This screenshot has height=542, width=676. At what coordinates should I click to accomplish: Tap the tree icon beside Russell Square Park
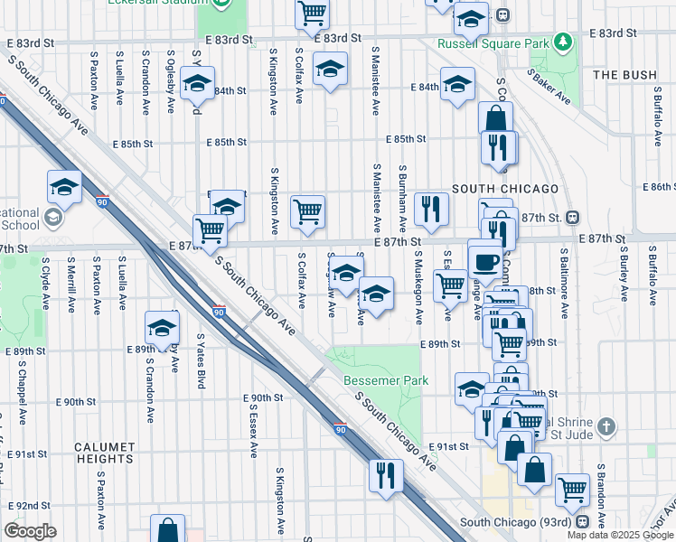point(563,42)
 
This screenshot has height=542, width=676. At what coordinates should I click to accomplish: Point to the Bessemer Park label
point(386,380)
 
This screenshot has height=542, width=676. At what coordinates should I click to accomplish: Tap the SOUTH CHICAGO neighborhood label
point(505,188)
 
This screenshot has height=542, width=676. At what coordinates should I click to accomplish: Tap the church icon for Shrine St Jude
point(606,425)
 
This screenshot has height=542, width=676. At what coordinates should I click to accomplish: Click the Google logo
point(31,531)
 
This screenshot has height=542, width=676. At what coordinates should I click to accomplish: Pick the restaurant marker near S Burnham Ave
point(431,209)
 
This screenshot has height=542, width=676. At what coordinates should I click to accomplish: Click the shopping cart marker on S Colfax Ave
point(307,212)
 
